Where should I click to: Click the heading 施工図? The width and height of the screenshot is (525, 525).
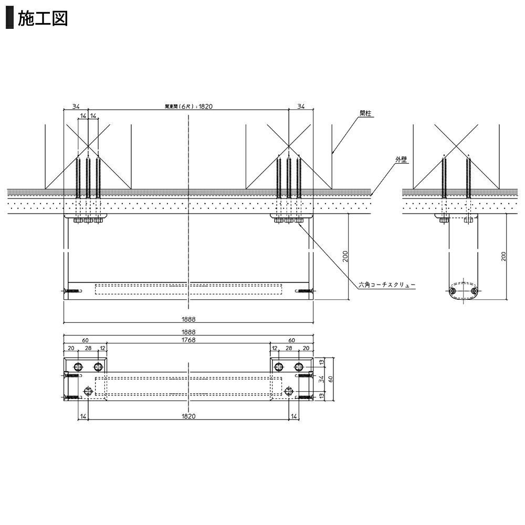coord(43,18)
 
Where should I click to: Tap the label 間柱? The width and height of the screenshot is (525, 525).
coord(365,113)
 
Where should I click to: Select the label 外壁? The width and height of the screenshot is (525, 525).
coord(401,160)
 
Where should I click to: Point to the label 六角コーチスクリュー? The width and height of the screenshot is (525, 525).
coord(387,285)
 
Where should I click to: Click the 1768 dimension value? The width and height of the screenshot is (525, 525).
coord(188,340)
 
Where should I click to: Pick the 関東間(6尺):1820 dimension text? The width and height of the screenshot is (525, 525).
coord(188,107)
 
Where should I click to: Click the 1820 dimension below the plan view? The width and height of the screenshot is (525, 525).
coord(188,416)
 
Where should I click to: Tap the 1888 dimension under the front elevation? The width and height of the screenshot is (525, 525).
coord(188,319)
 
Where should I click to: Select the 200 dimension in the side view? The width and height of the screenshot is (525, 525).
coord(503,257)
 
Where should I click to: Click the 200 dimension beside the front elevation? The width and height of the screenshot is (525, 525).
coord(345,257)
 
